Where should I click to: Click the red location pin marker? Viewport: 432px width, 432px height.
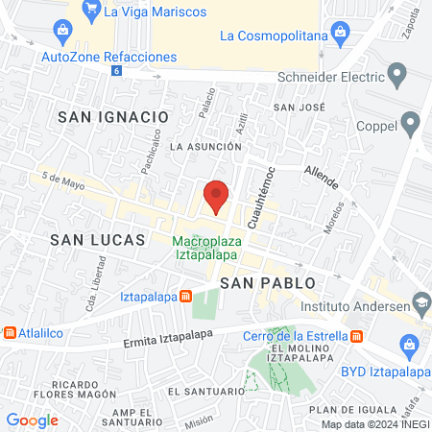[x=217, y=196]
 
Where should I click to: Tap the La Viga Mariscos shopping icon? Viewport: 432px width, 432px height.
[x=90, y=12]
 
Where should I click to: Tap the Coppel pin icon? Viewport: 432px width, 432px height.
[x=411, y=123]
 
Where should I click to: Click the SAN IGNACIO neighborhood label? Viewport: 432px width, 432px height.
[x=113, y=116]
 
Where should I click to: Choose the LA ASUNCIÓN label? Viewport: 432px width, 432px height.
[x=204, y=147]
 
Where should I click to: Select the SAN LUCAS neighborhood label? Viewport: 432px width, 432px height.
[x=97, y=238]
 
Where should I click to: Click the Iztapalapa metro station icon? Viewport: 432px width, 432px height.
[x=187, y=297]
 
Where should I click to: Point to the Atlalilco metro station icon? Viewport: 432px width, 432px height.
[x=10, y=332]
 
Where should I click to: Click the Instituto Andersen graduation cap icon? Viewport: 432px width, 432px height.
[x=420, y=306]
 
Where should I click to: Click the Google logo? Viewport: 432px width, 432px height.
[x=32, y=420]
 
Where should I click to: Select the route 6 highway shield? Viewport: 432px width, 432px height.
[x=117, y=71]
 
